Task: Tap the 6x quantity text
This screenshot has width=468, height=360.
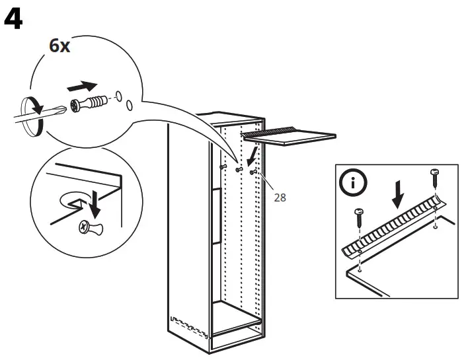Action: (x=60, y=46)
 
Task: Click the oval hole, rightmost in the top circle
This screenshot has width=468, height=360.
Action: (x=130, y=106)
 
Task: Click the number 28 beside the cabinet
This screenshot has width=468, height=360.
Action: (x=280, y=197)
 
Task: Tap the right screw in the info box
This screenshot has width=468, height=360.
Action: (x=436, y=176)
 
